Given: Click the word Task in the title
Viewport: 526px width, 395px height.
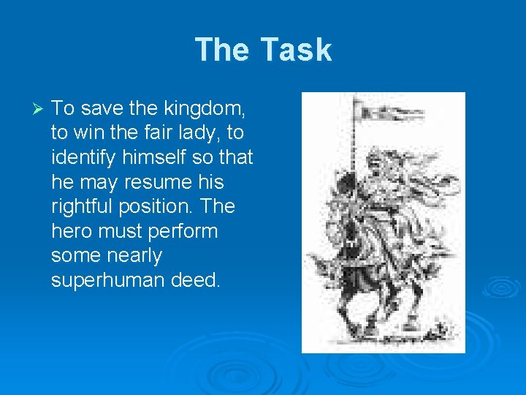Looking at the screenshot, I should coord(296,50).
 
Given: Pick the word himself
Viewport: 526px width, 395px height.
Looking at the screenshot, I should coord(165,157).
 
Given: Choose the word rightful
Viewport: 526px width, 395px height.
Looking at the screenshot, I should coord(82,206).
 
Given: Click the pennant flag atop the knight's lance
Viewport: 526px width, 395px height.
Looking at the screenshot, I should coord(391,111).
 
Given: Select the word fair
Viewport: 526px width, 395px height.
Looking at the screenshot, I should coord(150,133).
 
